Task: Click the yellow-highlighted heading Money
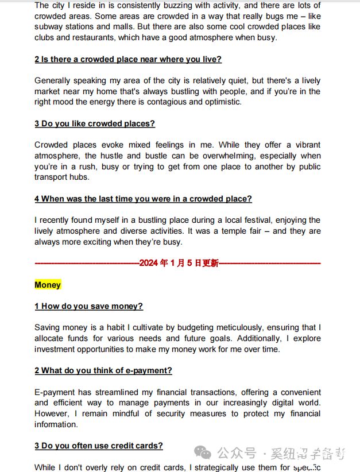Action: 48,285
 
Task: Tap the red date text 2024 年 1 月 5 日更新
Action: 179,263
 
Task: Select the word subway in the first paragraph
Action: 49,27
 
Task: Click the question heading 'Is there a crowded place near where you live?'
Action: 128,59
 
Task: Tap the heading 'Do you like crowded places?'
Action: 95,123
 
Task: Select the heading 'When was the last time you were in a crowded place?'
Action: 143,199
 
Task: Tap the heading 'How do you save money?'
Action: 89,306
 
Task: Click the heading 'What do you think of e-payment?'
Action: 103,370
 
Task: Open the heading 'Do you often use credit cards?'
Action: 99,446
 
